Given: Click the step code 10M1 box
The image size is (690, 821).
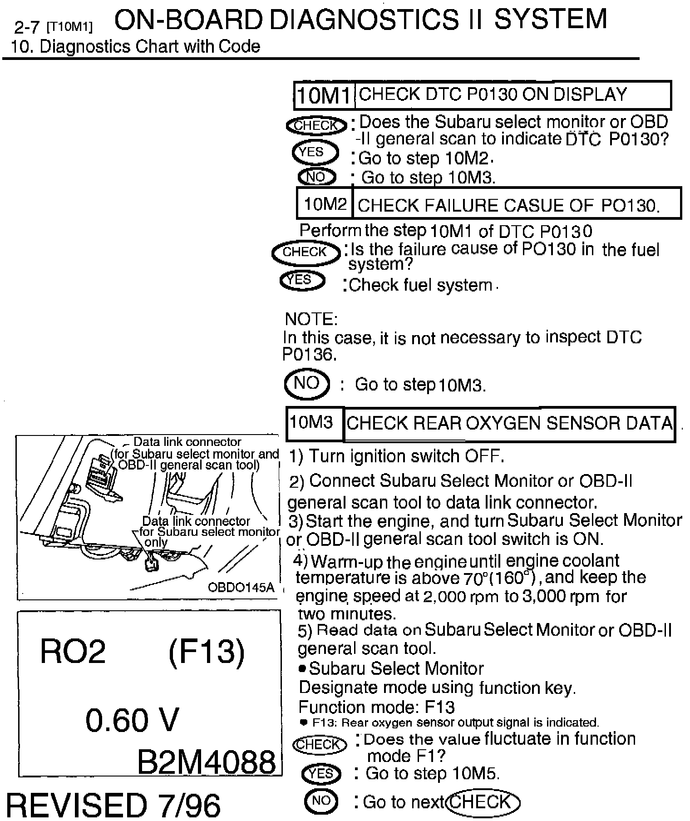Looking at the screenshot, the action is [324, 95].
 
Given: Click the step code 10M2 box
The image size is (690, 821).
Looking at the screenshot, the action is [325, 204].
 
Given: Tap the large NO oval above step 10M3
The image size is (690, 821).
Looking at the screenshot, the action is [307, 384].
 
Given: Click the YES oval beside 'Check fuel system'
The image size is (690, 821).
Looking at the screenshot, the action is [302, 280].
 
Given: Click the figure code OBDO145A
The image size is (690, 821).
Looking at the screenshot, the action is [241, 587].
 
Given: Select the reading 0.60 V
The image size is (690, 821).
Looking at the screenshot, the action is [132, 720].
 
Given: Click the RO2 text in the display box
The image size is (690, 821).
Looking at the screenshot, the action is [73, 652].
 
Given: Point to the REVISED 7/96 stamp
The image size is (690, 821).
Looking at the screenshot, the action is [113, 804].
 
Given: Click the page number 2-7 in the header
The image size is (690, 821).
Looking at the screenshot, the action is [27, 27].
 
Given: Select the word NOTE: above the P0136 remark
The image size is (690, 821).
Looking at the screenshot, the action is [311, 319].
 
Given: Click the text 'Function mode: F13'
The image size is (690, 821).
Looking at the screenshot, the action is [376, 707].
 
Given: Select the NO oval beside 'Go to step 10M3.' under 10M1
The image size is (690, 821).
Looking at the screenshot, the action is [317, 177].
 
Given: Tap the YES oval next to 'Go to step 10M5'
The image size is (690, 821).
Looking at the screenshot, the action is [320, 773].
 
